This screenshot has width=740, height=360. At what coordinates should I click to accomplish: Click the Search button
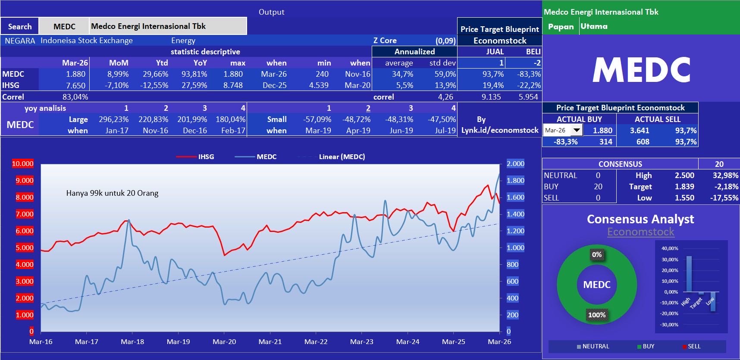coord(20,26)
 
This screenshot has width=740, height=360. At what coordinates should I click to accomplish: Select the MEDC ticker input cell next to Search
coord(64,26)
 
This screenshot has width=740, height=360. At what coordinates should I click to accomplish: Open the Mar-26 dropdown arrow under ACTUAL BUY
coord(577,130)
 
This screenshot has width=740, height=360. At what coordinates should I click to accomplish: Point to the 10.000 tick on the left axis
coord(22,163)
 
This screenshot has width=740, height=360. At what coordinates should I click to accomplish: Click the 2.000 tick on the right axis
coord(515,163)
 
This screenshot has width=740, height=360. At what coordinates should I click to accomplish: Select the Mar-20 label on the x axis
coord(224,341)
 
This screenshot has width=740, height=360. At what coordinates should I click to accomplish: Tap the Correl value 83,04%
coord(75,97)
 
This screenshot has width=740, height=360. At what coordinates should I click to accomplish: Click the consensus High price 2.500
coord(684,175)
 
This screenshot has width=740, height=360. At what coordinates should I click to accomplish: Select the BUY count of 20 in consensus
coord(598,187)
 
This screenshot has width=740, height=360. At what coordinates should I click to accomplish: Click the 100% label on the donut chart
coord(597,315)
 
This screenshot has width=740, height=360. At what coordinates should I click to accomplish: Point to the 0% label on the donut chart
coord(597,255)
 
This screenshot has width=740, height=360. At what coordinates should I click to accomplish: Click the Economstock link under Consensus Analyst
coord(640,232)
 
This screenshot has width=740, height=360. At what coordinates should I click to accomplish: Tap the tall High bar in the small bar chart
coord(689,274)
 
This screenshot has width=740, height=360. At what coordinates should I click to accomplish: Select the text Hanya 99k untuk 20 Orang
coord(112,193)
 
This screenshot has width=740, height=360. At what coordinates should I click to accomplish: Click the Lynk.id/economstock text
coord(500,130)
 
